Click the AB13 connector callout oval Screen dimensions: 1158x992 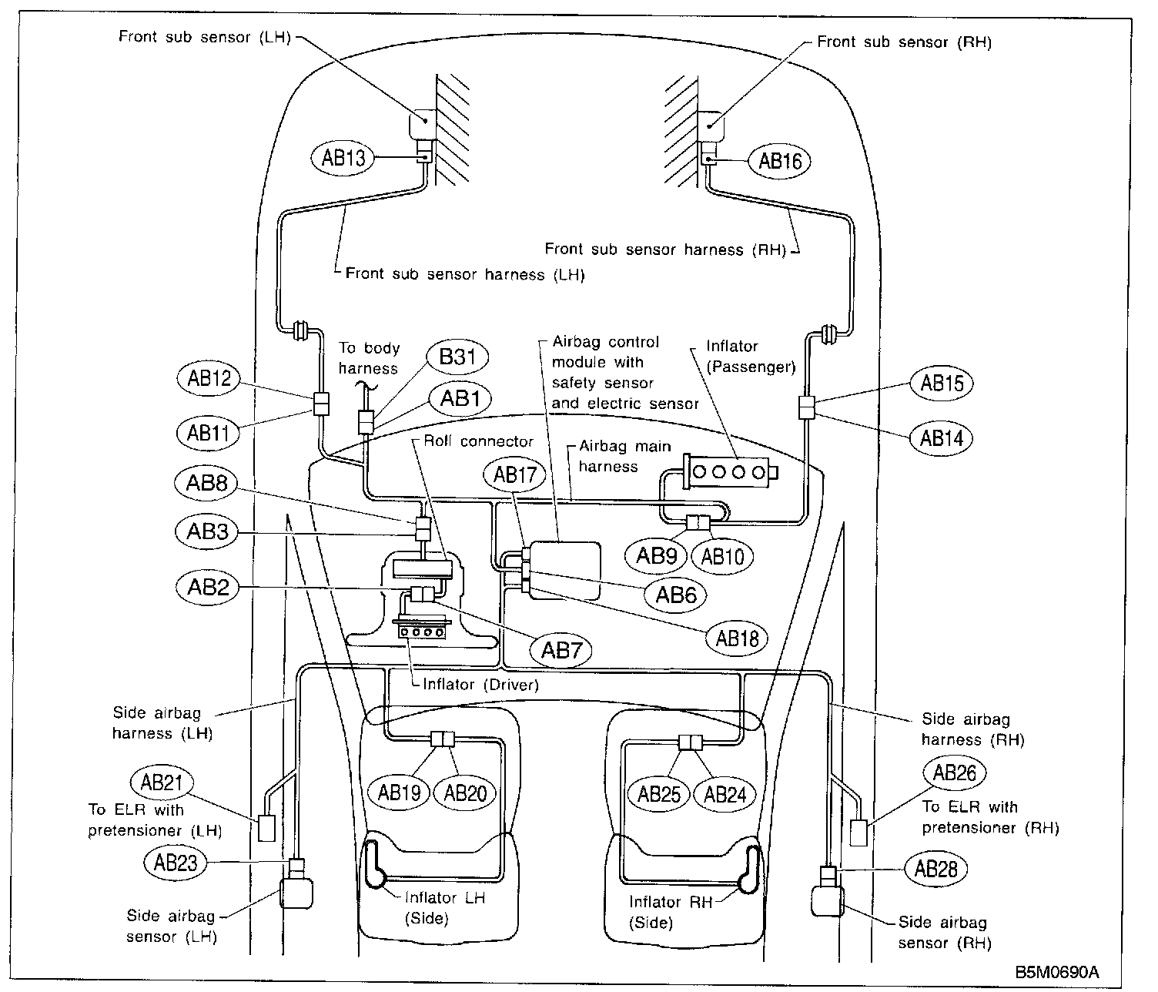pos(343,157)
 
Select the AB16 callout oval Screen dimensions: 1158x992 pos(779,162)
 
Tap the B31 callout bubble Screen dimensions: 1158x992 pos(457,357)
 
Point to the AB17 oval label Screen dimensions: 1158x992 pos(514,474)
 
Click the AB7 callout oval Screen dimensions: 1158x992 pos(561,650)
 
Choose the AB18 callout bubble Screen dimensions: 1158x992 pos(737,638)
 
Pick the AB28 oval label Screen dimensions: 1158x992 pos(935,870)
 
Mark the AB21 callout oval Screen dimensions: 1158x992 pos(162,782)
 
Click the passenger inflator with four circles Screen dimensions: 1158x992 pos(730,472)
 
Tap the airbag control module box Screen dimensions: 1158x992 pos(564,570)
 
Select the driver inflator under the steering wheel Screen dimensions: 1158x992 pos(421,628)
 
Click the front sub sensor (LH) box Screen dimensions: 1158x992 pos(423,124)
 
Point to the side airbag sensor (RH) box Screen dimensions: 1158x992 pos(827,900)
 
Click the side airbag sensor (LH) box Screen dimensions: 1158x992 pos(296,893)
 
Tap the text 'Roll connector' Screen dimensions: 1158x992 pos(478,441)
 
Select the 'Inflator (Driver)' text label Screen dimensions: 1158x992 pos(480,685)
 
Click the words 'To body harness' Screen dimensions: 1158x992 pos(369,358)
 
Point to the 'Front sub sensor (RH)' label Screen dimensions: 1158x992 pos(904,42)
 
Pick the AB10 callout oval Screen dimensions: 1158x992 pos(722,557)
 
